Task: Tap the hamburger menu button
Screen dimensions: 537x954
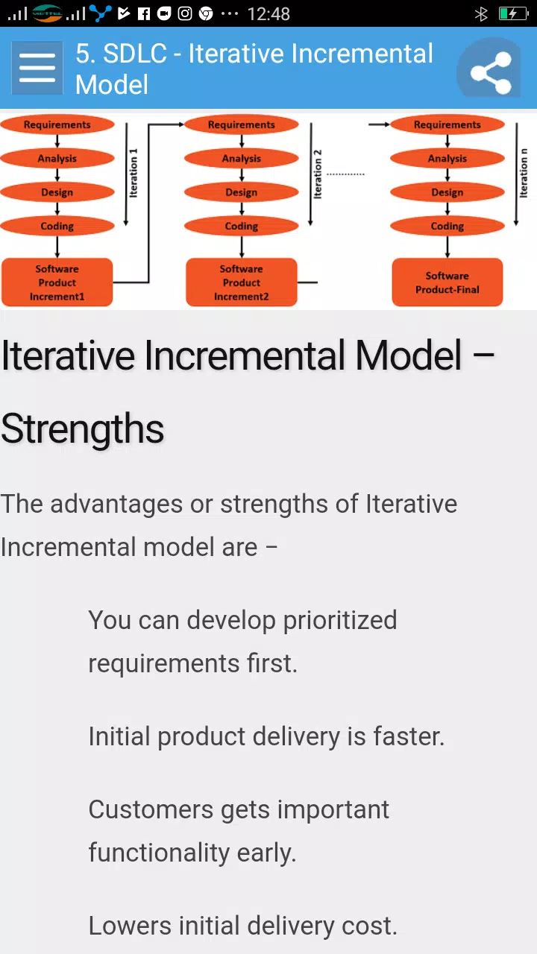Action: click(x=37, y=68)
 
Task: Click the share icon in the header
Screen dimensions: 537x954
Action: click(x=490, y=72)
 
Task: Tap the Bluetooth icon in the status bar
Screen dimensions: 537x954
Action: click(x=481, y=14)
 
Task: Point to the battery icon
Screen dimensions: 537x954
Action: click(x=513, y=14)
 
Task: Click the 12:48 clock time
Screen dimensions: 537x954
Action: click(x=268, y=14)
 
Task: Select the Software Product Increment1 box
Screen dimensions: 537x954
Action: click(x=57, y=282)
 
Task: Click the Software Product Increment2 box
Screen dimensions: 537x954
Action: click(x=241, y=282)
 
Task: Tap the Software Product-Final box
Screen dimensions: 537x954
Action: click(x=447, y=282)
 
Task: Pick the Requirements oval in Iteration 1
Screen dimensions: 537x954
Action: click(x=57, y=124)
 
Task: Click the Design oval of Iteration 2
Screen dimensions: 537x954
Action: click(x=241, y=192)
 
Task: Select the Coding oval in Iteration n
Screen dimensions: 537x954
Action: click(x=447, y=226)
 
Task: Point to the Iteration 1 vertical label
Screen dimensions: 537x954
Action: click(x=134, y=173)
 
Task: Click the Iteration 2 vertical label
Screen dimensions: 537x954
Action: click(x=318, y=174)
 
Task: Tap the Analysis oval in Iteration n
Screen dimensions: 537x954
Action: click(x=447, y=159)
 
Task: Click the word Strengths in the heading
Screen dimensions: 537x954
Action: click(x=83, y=429)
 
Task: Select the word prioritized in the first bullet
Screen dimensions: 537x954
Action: click(x=340, y=620)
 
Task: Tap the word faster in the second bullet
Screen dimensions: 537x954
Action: click(x=409, y=736)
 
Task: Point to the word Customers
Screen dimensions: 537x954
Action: click(x=151, y=809)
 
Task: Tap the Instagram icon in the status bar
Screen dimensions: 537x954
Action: click(x=184, y=14)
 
